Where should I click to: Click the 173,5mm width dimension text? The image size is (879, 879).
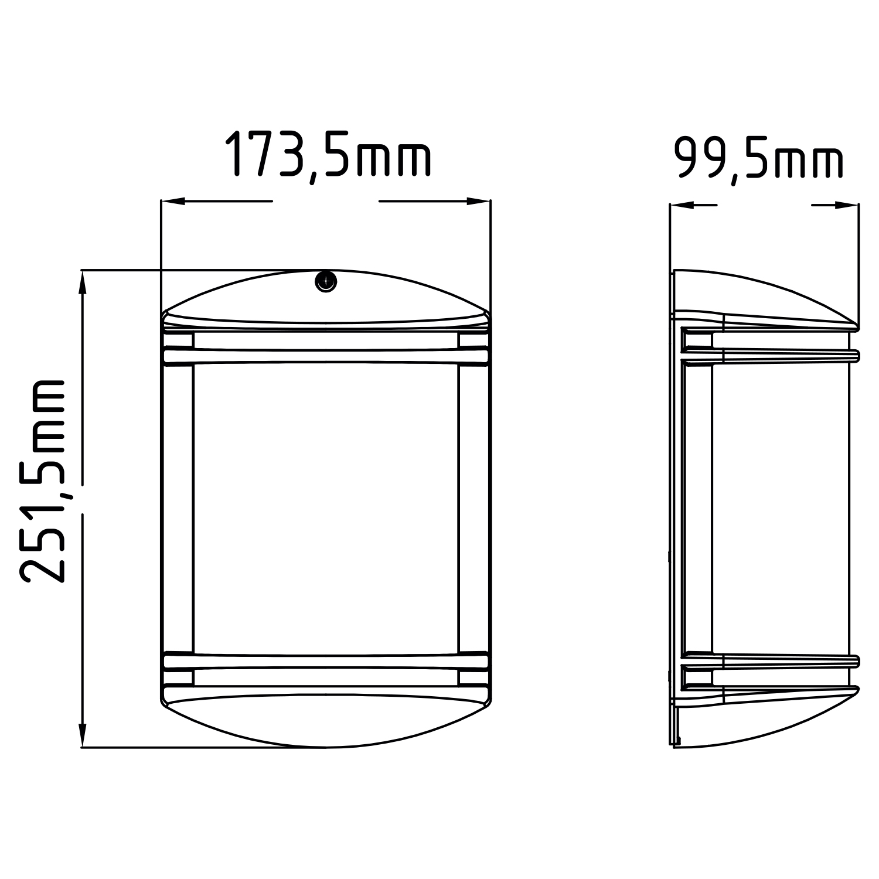pos(328,155)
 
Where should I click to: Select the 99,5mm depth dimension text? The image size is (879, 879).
pos(759,158)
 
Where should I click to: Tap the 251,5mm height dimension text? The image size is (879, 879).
pos(42,480)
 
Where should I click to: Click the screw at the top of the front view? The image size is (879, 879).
pos(326,281)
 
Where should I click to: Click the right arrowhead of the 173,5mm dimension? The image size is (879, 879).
pos(478,202)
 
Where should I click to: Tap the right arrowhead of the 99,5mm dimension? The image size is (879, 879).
pos(847,205)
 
